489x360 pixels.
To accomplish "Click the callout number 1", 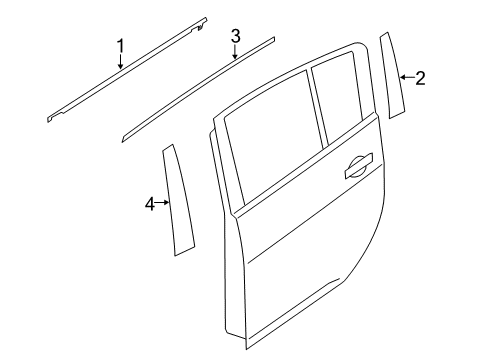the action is [x=120, y=45].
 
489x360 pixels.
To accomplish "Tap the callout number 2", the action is [x=420, y=78].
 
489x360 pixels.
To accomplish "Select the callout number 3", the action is [x=235, y=37].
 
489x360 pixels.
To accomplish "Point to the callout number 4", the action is [x=150, y=203].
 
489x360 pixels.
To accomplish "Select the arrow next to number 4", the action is [x=164, y=203].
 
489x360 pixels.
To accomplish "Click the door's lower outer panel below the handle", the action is [x=300, y=270].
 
